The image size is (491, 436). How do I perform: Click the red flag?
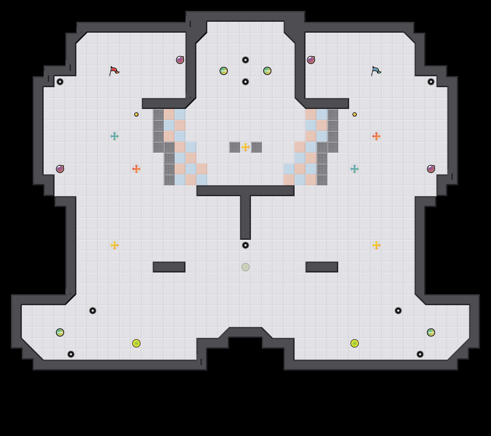coord(114,71)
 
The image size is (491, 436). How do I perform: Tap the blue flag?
coord(376,71)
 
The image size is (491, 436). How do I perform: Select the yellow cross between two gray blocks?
coord(245,147)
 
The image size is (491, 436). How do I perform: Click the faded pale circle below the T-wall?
coord(245,267)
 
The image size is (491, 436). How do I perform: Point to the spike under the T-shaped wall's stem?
coord(245,245)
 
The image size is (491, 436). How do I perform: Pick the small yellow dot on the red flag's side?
coord(136,114)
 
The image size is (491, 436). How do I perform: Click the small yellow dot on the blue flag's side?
coord(355,114)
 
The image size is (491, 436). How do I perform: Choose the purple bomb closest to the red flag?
coord(180,60)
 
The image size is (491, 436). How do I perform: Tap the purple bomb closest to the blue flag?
coord(311,60)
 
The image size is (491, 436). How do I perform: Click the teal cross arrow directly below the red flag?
coord(115,136)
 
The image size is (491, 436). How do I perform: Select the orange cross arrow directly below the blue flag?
coord(376,136)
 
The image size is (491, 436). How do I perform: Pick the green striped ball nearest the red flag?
coord(224,71)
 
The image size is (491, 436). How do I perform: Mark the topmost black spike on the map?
coord(245,60)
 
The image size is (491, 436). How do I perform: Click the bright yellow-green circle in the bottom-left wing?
coord(136,343)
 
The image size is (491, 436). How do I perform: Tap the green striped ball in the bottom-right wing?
coord(431,332)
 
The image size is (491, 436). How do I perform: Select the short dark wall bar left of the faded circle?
coord(169,267)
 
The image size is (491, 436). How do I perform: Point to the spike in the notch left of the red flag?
coord(60,82)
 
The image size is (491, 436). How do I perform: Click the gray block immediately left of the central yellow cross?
coord(235,147)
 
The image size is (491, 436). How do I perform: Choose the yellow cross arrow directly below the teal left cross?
coord(115,245)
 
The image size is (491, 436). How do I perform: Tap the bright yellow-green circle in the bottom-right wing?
coord(355,343)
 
